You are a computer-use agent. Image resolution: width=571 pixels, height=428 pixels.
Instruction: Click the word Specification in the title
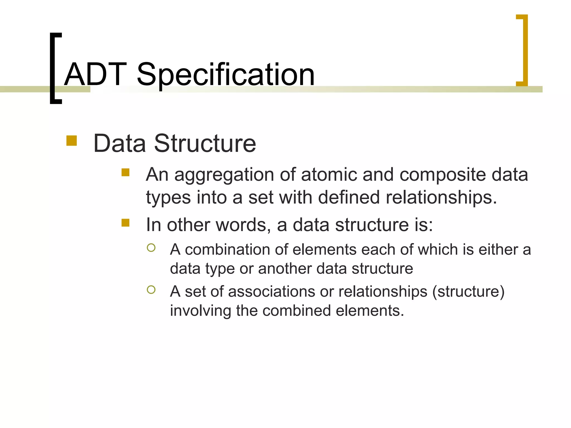[226, 75]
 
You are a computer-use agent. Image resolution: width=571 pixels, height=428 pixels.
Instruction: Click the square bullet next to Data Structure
[72, 141]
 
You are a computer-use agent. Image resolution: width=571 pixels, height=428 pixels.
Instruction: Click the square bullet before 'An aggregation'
[125, 172]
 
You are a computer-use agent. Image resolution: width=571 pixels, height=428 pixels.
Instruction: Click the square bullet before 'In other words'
[125, 223]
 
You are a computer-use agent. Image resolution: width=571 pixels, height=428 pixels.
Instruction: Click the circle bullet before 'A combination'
[151, 248]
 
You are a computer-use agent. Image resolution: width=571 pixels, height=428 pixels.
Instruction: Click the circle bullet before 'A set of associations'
[151, 290]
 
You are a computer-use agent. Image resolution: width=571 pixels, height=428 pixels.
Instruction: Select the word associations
[272, 292]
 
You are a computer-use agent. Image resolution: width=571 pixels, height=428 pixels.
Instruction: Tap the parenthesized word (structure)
[468, 292]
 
